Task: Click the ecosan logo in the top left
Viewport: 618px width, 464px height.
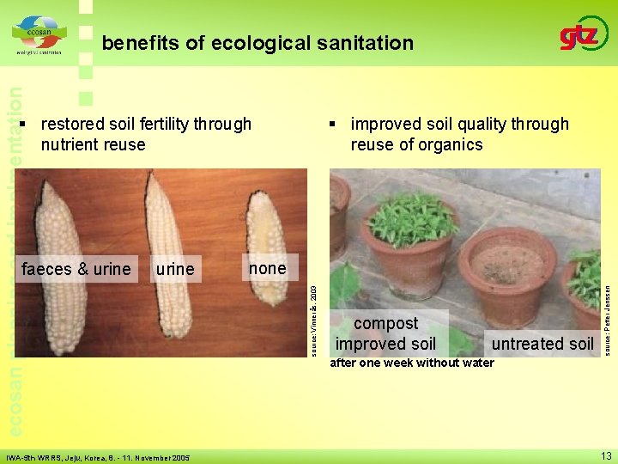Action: [x=37, y=35]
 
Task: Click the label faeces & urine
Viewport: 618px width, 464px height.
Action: [x=76, y=269]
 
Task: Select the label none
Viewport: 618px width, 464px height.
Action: [x=267, y=268]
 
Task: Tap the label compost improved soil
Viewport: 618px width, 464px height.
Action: [x=385, y=334]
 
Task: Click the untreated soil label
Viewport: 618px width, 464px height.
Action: [x=542, y=345]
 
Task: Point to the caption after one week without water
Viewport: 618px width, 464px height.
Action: [x=412, y=363]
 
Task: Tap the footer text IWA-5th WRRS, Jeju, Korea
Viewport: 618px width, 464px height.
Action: [x=99, y=458]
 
